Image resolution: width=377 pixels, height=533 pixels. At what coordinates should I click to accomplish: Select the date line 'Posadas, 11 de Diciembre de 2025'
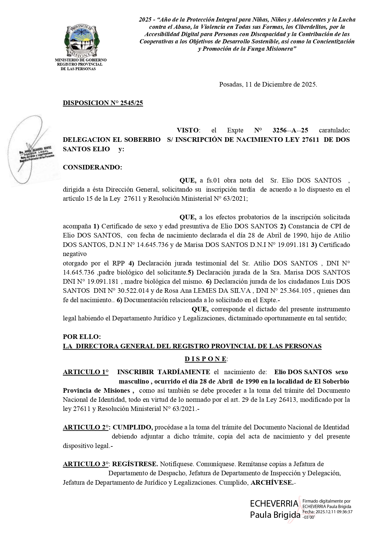tap(268, 84)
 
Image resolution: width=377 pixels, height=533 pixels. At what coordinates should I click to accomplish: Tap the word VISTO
tap(188, 130)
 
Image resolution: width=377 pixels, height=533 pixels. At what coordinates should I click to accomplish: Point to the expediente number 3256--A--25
tap(290, 130)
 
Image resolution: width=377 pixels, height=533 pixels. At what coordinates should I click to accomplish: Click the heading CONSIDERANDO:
tap(92, 167)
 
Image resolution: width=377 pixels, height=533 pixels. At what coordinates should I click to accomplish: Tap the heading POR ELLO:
tap(81, 337)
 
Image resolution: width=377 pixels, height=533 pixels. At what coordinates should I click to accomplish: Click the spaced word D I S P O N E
tap(205, 359)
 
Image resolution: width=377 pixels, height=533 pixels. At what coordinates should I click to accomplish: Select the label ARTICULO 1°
tap(85, 372)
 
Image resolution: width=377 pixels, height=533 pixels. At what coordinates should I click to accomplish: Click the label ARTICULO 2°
tap(86, 427)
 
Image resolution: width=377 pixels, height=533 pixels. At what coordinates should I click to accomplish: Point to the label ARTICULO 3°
tap(86, 464)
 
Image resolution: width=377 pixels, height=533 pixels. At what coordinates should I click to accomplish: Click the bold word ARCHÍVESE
tap(272, 483)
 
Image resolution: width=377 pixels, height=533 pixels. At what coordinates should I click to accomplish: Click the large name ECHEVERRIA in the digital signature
tap(274, 504)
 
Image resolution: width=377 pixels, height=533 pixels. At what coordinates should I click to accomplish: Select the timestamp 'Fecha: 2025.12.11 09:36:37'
tap(327, 512)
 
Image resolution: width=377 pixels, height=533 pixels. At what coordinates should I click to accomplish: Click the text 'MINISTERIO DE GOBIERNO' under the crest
tap(81, 60)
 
